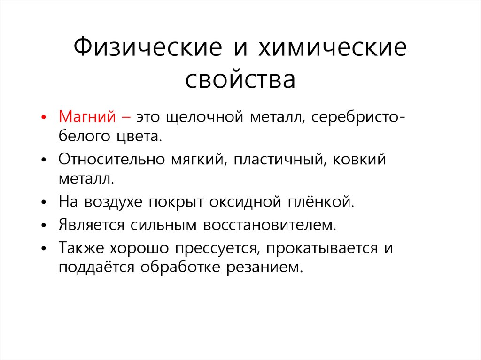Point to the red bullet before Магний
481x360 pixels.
44,117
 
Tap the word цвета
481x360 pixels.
141,137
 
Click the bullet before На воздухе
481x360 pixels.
44,203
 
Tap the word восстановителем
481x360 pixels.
270,224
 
